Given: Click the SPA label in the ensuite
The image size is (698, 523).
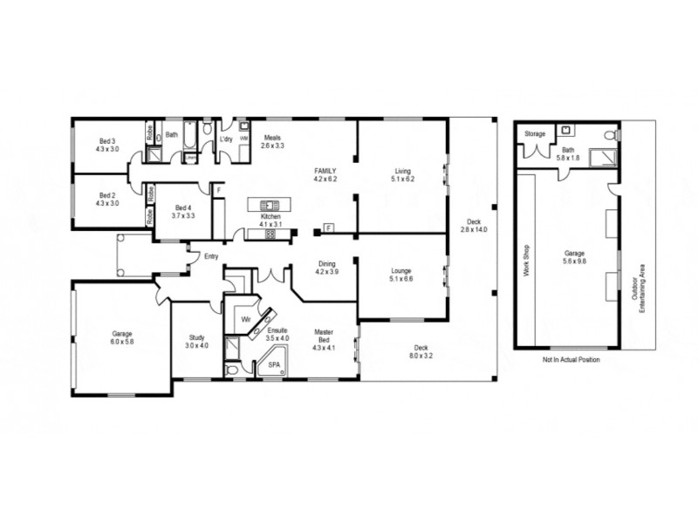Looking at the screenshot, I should [273, 364].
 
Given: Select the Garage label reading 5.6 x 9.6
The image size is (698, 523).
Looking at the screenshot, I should [573, 256].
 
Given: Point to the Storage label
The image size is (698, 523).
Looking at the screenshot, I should [535, 133].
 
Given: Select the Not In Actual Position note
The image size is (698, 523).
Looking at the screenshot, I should [571, 359].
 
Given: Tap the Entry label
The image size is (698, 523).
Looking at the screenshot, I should [210, 256].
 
